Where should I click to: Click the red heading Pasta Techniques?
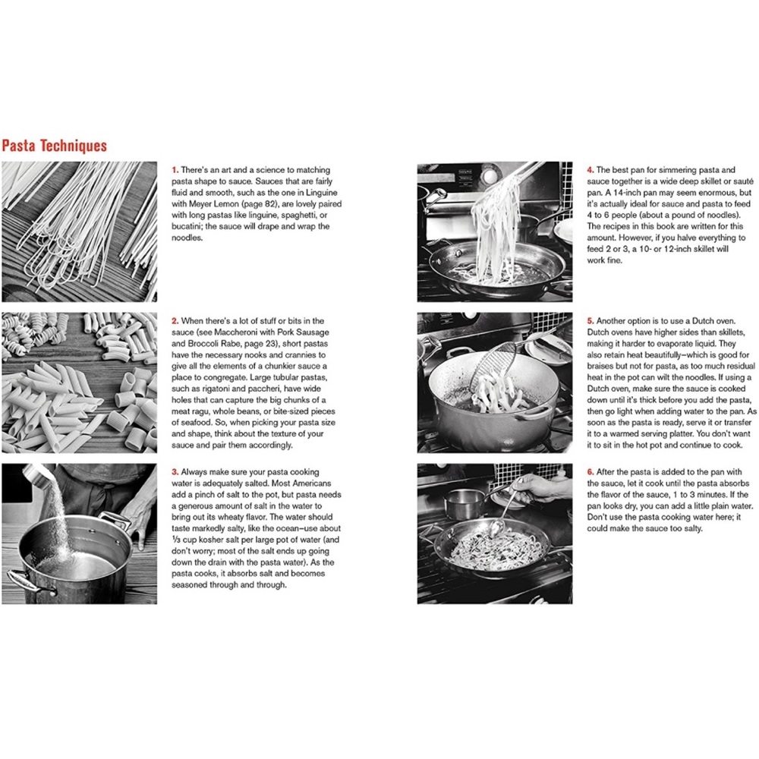(x=54, y=145)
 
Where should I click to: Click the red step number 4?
(x=590, y=170)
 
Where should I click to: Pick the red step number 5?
(x=590, y=321)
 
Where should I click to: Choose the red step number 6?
(x=590, y=471)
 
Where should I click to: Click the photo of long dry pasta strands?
(x=79, y=231)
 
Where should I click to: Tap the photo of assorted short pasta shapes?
(x=79, y=382)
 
